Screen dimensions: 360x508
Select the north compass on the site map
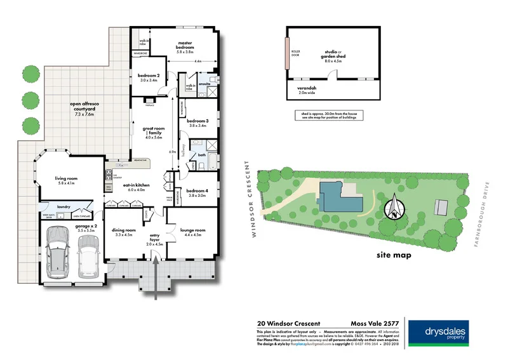[397, 207]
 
